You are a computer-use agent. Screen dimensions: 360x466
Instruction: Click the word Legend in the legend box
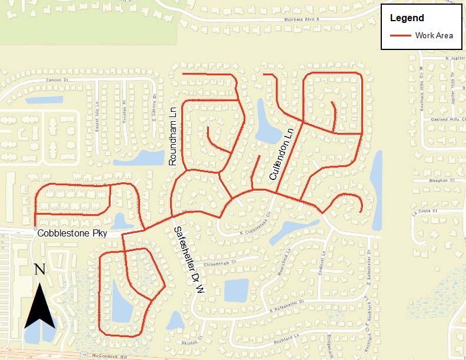click(407, 18)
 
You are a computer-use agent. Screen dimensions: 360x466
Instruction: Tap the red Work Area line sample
click(401, 36)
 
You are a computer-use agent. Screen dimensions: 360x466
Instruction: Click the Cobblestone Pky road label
click(72, 234)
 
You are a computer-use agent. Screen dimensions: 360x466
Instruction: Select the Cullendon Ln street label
click(280, 158)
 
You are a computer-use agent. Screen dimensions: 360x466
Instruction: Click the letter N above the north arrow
click(40, 269)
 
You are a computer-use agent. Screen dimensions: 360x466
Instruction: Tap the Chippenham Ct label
click(221, 262)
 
